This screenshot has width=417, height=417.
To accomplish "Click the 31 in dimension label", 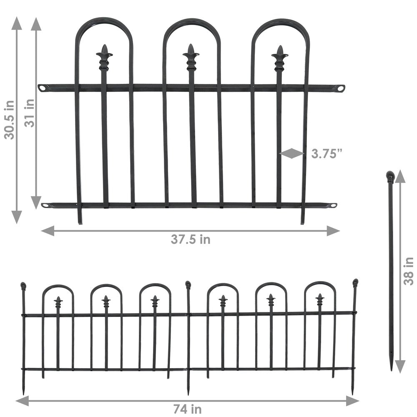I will point(30,114).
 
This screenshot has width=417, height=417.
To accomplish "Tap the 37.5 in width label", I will point(190,239).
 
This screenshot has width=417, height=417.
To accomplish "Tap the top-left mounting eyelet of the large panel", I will point(42,88).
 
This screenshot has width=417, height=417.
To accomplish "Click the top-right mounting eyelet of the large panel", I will point(341,88).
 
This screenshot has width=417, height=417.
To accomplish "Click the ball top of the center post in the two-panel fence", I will point(188,285).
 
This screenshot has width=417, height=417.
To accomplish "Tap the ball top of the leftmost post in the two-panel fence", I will point(23,286).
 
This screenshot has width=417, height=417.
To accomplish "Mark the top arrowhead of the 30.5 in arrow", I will point(17,23).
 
